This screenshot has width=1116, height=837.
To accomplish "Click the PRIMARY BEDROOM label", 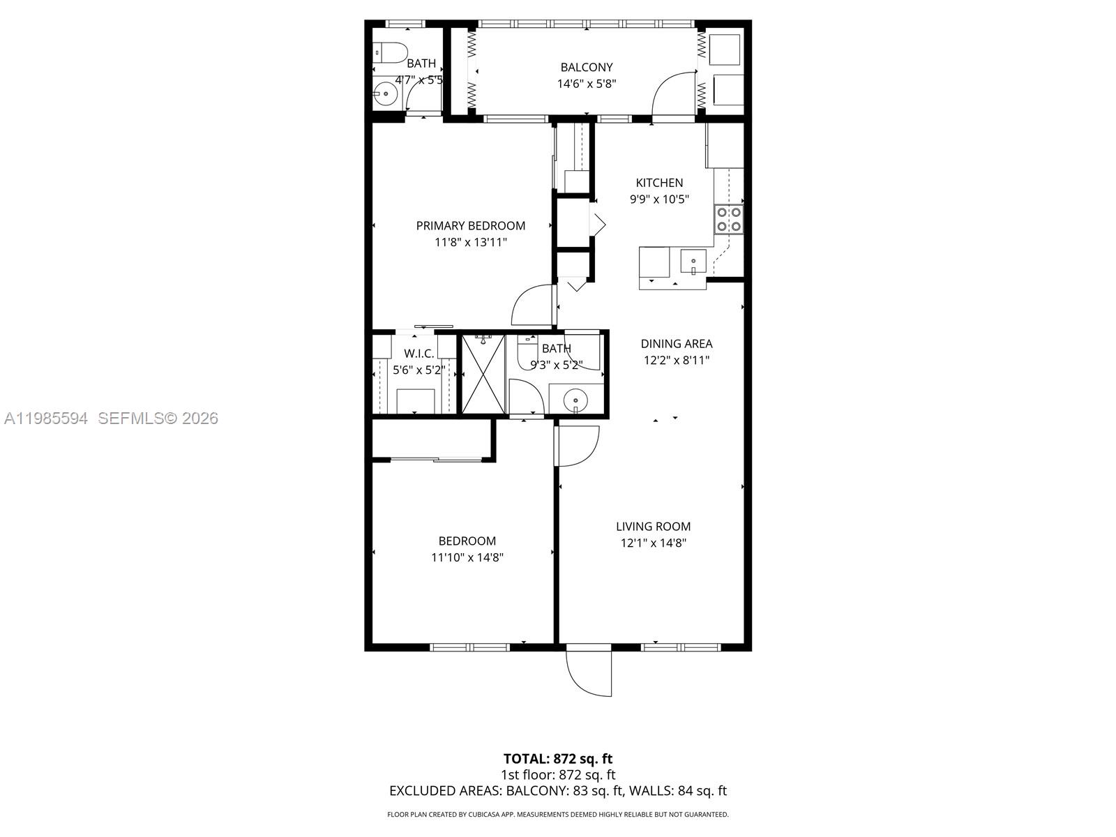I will [470, 225].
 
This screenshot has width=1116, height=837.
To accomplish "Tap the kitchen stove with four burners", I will [728, 219].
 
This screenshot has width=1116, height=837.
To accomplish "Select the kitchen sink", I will [693, 262].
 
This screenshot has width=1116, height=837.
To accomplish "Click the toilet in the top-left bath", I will [390, 51].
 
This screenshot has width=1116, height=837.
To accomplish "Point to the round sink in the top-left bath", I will [384, 93].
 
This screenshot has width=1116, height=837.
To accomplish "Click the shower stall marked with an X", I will [483, 373].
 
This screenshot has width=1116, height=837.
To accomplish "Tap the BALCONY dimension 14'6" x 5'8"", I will [586, 84].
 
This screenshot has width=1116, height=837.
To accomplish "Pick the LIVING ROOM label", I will [653, 527].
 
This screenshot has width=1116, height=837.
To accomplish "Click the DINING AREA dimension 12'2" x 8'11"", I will [676, 361].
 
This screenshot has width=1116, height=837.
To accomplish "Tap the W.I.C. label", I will [418, 354].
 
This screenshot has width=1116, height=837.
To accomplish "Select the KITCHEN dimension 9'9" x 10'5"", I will [659, 199].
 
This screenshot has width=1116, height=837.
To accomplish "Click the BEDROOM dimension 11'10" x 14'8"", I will [467, 557].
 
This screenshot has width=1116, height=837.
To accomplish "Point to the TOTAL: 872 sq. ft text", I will [557, 759].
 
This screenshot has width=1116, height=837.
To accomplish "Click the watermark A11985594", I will [46, 418].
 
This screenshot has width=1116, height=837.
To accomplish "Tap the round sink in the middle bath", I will [573, 400].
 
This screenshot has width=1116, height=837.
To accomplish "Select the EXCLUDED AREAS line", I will [557, 791].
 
